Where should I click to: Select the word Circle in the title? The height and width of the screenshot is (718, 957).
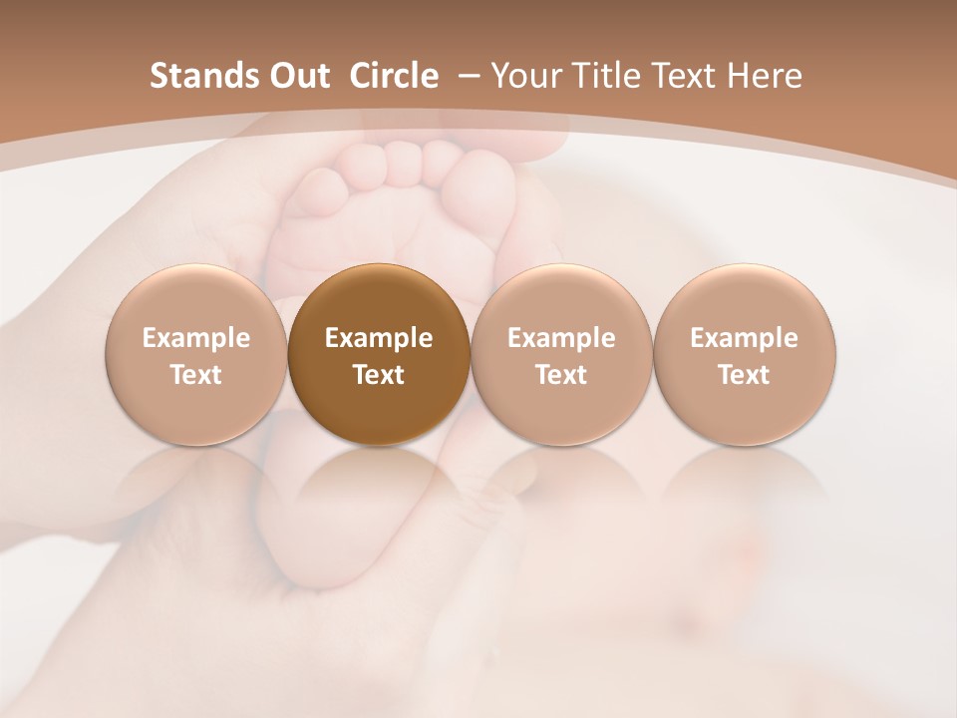point(394,76)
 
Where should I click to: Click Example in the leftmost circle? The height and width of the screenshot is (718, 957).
point(196,338)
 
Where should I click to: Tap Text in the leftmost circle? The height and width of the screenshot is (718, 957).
point(196,375)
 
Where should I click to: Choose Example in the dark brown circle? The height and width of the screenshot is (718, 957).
point(379,338)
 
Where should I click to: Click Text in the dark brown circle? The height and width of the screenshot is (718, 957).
point(379,375)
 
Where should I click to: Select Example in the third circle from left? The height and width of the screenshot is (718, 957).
point(561,338)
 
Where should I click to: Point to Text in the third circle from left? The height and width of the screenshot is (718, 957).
point(561,375)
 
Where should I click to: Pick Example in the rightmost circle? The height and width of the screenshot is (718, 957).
point(744,338)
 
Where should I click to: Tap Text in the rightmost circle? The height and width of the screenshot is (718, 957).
point(744,375)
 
